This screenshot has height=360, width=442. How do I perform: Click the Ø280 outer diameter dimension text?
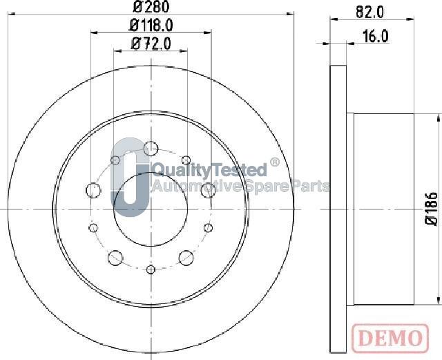[151, 8]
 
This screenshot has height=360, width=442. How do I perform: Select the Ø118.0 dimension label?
[152, 26]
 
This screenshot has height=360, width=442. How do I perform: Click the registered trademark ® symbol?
[274, 164]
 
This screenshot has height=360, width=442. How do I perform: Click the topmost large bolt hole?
[150, 146]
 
